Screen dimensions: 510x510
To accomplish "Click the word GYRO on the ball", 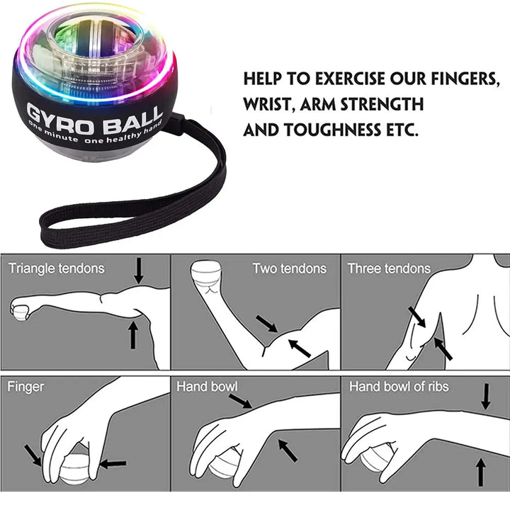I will point(57,114).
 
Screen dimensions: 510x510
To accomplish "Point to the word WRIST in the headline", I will point(269,105).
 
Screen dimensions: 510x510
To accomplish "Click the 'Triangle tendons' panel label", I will point(56,268).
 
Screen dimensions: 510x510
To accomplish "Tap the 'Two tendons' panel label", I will point(289,268).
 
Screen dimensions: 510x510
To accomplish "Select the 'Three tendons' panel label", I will point(389,268).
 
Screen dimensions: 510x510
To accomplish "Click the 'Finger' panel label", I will point(25,387).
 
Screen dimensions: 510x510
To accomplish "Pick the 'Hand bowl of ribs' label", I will point(398,387).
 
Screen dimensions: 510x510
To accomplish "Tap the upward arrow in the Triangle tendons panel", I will point(132,334).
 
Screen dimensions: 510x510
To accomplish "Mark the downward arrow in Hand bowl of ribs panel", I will point(485,396).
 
